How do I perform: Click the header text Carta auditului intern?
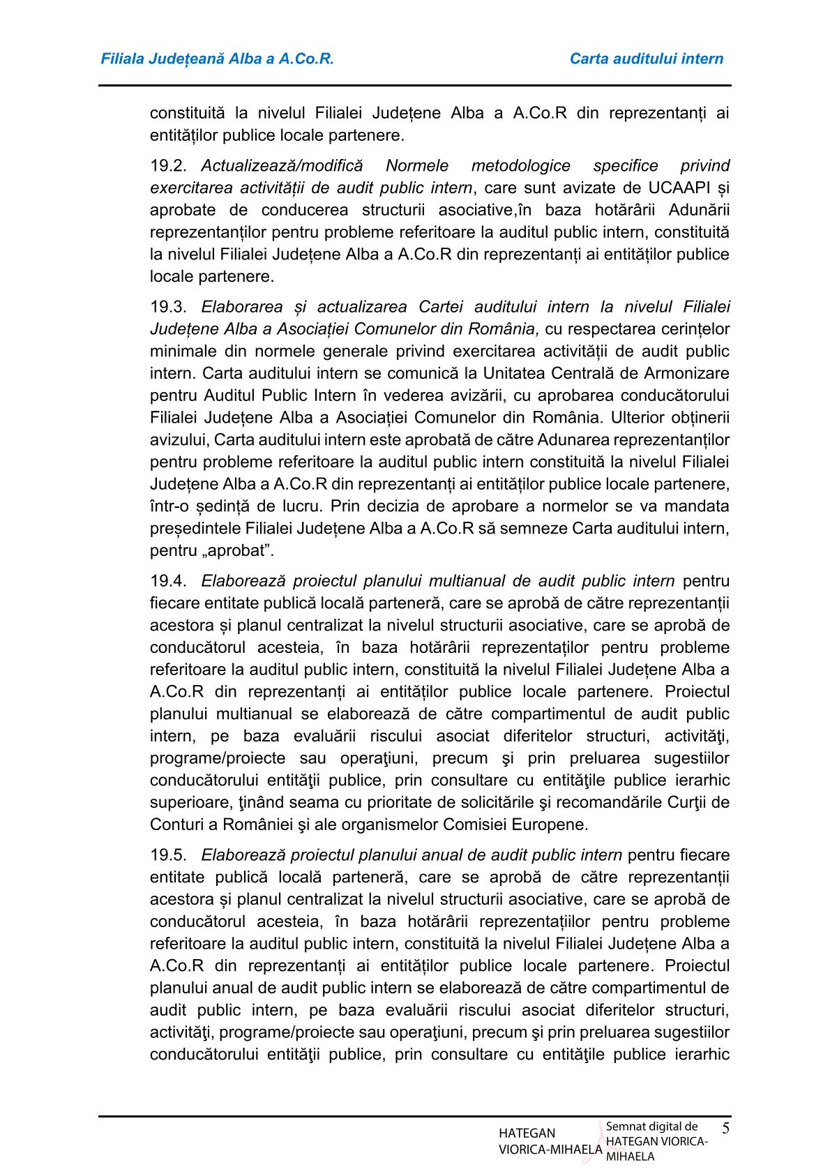pyautogui.click(x=646, y=59)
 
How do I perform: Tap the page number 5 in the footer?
pyautogui.click(x=725, y=1128)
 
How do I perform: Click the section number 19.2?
pyautogui.click(x=169, y=166)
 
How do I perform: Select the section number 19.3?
pyautogui.click(x=169, y=307)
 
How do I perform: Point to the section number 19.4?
pyautogui.click(x=169, y=581)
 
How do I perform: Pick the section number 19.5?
pyautogui.click(x=169, y=855)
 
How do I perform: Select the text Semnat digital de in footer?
pyautogui.click(x=651, y=1126)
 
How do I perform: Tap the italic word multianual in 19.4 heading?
pyautogui.click(x=465, y=581)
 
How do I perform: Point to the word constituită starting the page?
pyautogui.click(x=184, y=112)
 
